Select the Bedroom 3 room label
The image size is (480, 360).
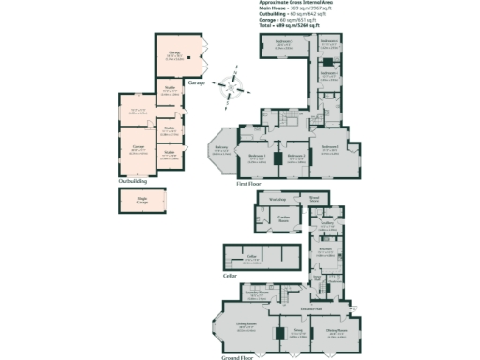tap(329, 147)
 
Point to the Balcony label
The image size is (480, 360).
tap(221, 148)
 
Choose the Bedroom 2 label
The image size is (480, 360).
tap(295, 156)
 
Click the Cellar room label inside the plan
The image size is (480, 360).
tap(251, 254)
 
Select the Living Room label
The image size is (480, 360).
tap(247, 326)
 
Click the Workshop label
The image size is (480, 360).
tap(277, 200)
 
